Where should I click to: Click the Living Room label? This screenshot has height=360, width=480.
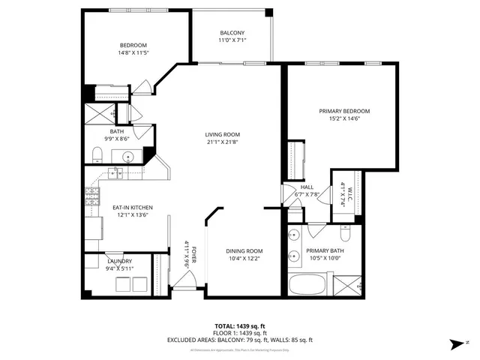point(223,135)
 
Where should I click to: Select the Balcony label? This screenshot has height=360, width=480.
point(232,32)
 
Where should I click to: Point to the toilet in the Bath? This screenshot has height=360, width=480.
point(97,155)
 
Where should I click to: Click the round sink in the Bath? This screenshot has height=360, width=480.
point(128,158)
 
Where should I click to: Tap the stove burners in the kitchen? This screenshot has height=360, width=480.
point(92,196)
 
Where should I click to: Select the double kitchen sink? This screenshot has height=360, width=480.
point(115,174)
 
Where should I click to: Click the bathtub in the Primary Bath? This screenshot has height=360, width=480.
point(307,286)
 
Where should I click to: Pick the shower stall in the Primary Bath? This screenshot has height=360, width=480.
point(346,286)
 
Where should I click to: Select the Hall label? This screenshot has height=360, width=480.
point(307,187)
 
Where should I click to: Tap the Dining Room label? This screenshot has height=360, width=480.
point(244,250)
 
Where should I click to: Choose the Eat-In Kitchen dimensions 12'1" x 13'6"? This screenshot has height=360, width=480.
point(133,214)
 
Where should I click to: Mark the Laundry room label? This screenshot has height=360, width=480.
point(119,261)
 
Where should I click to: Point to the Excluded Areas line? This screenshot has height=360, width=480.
point(240,340)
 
